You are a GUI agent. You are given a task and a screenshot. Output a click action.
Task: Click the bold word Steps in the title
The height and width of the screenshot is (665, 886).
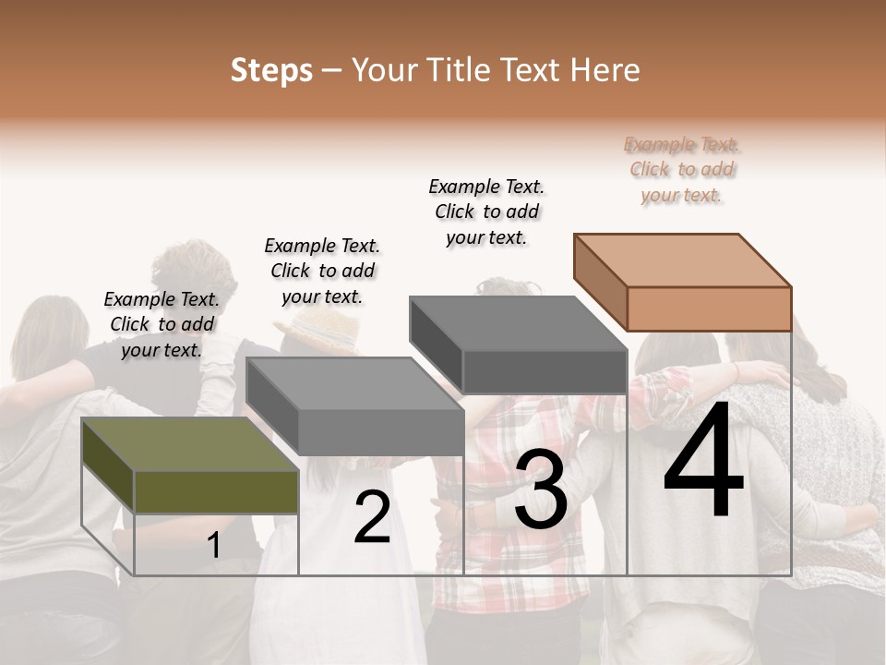point(271,70)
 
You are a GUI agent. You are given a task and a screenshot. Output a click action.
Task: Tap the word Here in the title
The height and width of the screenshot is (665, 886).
point(605,70)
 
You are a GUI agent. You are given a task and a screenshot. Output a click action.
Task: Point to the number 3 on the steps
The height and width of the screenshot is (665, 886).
point(540,493)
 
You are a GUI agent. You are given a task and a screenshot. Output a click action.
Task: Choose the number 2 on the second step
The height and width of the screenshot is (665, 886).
point(372,518)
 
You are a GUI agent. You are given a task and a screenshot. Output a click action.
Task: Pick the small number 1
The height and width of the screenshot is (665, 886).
point(214,546)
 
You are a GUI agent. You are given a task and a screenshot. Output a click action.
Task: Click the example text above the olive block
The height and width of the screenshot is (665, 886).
point(162,324)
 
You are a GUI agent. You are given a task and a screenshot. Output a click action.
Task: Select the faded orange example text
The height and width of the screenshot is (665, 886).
point(681,169)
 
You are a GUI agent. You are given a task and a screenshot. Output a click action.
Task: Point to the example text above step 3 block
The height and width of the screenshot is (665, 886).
point(486,212)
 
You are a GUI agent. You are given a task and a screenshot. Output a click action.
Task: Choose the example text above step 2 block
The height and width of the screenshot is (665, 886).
point(322,271)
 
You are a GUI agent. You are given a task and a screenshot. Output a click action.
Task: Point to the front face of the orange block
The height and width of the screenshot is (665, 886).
point(709,308)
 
